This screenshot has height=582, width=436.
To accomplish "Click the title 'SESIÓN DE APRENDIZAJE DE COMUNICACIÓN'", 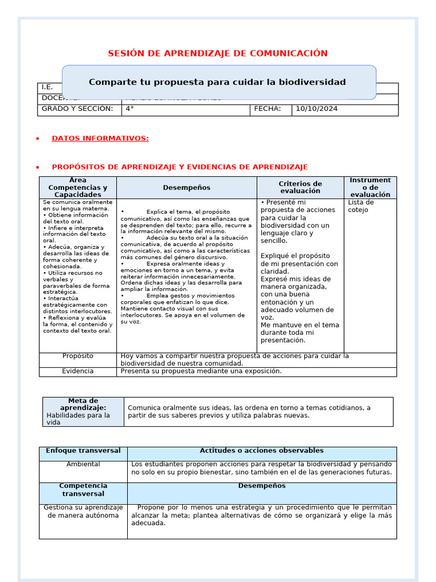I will pyautogui.click(x=217, y=53).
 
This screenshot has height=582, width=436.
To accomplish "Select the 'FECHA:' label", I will pyautogui.click(x=267, y=109).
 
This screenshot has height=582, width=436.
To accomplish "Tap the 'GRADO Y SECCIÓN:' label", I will pyautogui.click(x=77, y=109).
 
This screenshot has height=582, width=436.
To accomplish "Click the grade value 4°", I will pyautogui.click(x=129, y=109).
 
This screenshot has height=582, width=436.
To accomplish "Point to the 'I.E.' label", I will pyautogui.click(x=47, y=88).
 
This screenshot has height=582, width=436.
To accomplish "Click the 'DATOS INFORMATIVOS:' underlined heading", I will pyautogui.click(x=100, y=138).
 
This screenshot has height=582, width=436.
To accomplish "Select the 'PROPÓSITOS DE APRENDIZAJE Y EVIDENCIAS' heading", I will pyautogui.click(x=179, y=167).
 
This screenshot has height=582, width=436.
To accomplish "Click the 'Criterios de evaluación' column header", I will pyautogui.click(x=300, y=188).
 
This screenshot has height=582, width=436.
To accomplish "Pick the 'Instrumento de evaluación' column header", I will pyautogui.click(x=370, y=188).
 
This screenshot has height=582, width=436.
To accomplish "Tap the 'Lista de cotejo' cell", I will pyautogui.click(x=360, y=206).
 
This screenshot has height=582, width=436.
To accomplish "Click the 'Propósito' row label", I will pyautogui.click(x=78, y=356).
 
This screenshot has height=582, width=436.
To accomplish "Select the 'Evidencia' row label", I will pyautogui.click(x=78, y=371).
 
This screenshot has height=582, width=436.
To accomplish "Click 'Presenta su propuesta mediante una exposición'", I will pyautogui.click(x=201, y=371).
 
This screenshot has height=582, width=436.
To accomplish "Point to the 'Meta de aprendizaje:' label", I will pyautogui.click(x=83, y=404).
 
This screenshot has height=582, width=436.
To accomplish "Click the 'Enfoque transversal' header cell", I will pyautogui.click(x=83, y=451).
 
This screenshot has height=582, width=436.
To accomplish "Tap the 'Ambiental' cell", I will pyautogui.click(x=83, y=464).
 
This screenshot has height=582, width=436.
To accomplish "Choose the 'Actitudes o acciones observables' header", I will pyautogui.click(x=262, y=451).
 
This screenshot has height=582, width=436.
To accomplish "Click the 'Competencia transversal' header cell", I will pyautogui.click(x=83, y=490).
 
